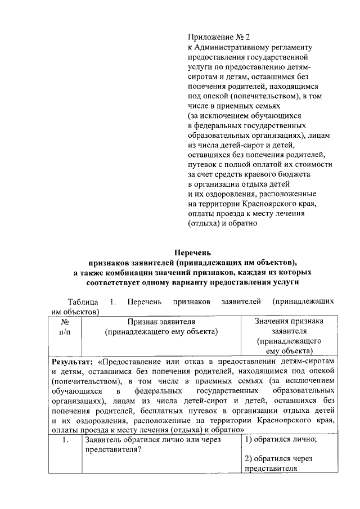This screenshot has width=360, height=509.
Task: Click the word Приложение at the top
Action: pyautogui.click(x=210, y=38)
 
